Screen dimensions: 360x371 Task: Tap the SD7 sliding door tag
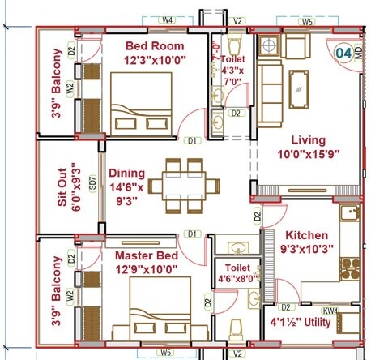click(x=92, y=186)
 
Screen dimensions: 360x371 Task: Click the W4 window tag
click(x=168, y=19)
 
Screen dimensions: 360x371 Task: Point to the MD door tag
click(x=359, y=57)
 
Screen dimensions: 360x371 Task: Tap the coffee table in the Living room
click(x=299, y=84)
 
